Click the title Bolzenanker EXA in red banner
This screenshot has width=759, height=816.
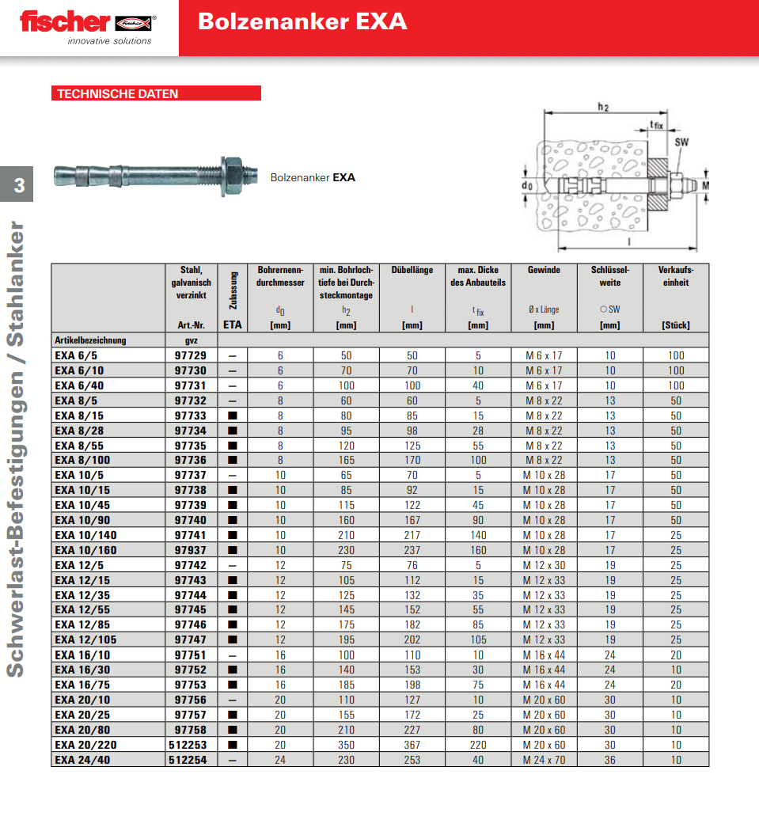click(302, 21)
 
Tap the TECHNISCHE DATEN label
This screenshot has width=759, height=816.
click(117, 93)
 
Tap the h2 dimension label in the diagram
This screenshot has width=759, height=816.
click(603, 107)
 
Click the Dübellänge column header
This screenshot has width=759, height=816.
click(412, 270)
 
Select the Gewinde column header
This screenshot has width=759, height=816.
click(544, 270)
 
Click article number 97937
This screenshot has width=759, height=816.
click(190, 550)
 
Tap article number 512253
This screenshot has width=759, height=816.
click(188, 745)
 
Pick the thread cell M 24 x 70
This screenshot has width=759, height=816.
click(544, 760)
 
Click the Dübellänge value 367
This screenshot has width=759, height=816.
click(412, 745)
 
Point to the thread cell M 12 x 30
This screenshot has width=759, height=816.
click(544, 565)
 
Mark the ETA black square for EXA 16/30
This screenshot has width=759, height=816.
click(233, 670)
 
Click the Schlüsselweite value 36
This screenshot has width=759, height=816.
click(609, 760)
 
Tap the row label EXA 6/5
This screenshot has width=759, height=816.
click(74, 355)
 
